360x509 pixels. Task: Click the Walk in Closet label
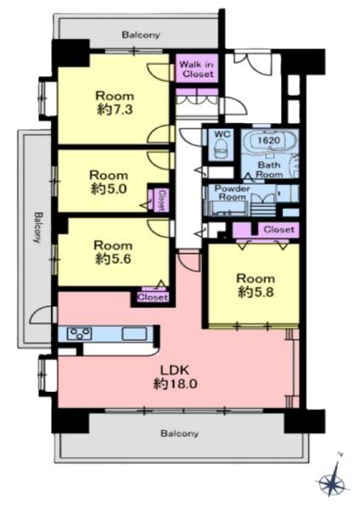coord(197,70)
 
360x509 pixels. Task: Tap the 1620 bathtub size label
coord(268,141)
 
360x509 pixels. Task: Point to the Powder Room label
coord(232,193)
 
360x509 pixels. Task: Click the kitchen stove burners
coord(79,333)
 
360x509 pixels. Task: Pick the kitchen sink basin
coord(134,333)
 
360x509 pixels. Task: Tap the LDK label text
coord(175,370)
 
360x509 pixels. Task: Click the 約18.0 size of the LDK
coord(175,384)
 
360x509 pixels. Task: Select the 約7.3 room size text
coord(115,109)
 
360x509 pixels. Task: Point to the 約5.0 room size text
coord(109,189)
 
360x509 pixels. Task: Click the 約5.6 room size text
coord(113,259)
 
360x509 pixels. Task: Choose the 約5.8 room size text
coord(256,292)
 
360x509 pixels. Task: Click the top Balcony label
coord(141,35)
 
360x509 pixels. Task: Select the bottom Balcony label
coord(179,433)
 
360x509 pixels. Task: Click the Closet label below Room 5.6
coord(152,297)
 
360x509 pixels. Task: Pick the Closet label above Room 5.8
coord(279,230)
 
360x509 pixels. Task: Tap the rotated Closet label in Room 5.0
coord(162,200)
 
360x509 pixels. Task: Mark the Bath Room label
coord(269,170)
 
